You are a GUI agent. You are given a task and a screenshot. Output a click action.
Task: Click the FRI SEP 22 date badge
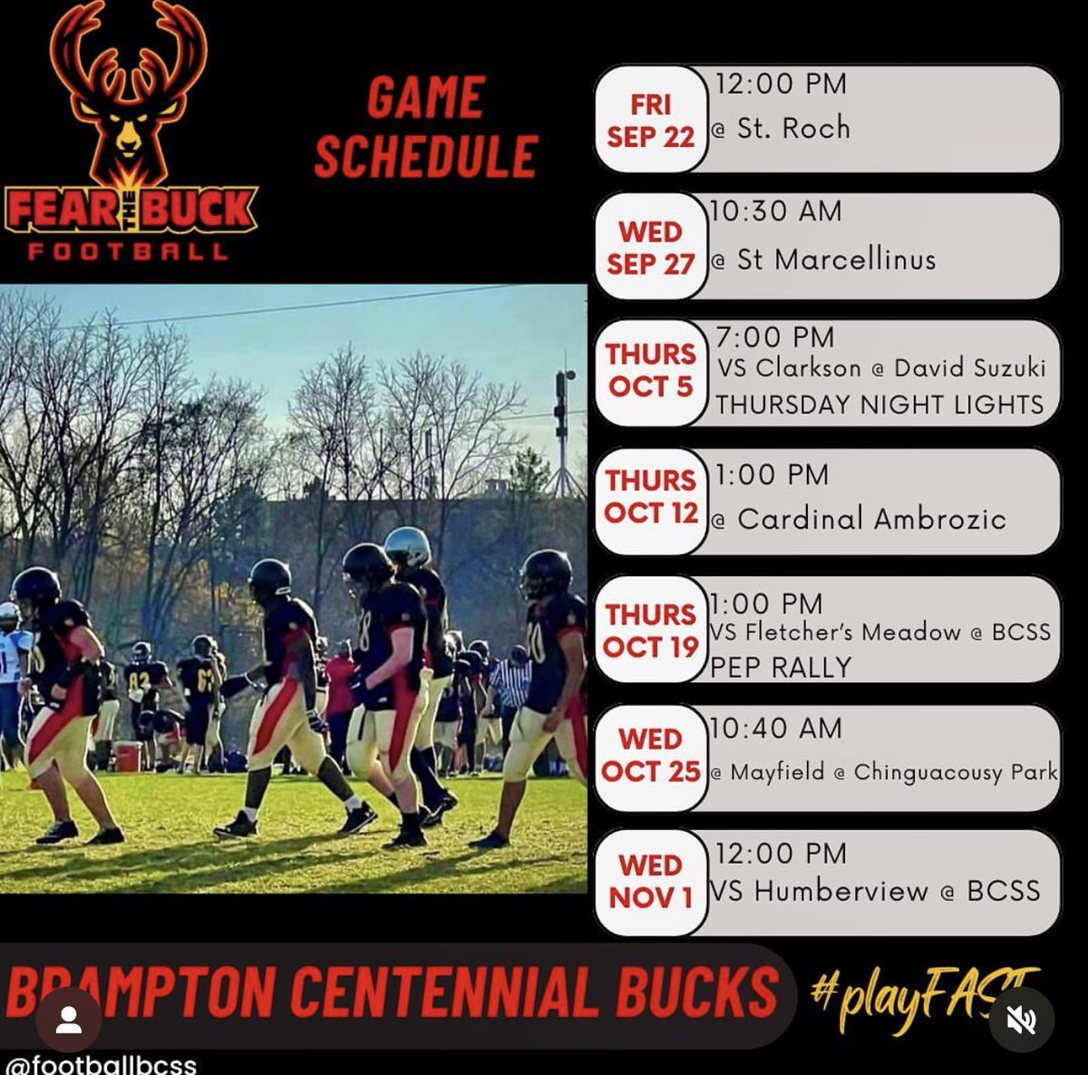[650, 119]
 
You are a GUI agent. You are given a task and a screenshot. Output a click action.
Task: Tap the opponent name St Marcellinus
[836, 260]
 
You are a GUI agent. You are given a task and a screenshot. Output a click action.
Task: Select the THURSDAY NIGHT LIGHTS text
[879, 405]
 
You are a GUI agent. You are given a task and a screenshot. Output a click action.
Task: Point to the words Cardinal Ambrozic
[871, 519]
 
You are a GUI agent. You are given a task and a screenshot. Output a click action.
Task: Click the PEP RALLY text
[781, 667]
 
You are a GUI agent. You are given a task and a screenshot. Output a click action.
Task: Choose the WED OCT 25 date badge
[650, 756]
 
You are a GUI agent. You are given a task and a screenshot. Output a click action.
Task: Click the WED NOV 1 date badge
[650, 882]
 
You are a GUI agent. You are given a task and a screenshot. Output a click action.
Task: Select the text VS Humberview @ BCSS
[875, 891]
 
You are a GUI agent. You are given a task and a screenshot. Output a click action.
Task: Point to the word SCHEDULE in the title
[426, 156]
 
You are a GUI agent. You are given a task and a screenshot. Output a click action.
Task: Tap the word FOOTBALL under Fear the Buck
[128, 251]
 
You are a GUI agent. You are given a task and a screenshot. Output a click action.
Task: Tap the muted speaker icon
[1021, 1021]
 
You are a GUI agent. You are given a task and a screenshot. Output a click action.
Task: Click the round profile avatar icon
[68, 1020]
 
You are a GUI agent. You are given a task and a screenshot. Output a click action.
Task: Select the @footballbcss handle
[100, 1064]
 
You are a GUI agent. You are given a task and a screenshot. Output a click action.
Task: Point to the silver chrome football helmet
[407, 546]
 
